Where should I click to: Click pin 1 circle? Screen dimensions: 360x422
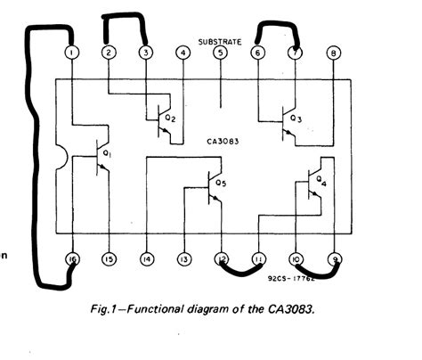pos(70,53)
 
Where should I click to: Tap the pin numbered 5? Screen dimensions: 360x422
pos(220,53)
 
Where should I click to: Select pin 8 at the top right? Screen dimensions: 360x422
pos(333,53)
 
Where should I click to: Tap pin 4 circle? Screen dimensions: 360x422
pos(183,53)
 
